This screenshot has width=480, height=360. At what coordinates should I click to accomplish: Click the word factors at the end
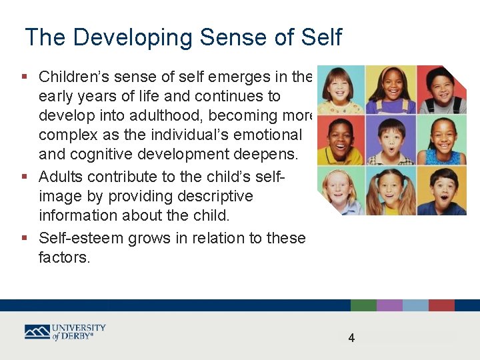tap(64, 257)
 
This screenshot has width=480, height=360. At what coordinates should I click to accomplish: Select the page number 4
tap(351, 338)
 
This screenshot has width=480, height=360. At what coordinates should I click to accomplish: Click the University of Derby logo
tap(65, 332)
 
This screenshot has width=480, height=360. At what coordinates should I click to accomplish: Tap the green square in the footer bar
tap(363, 305)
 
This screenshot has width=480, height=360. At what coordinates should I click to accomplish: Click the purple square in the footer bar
tap(389, 305)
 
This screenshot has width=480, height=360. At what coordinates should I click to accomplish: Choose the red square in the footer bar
tap(441, 305)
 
